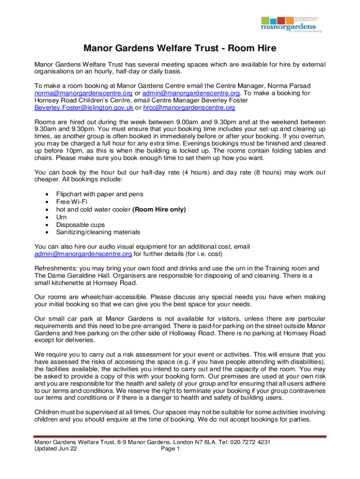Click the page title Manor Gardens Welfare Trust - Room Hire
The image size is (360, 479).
pyautogui.click(x=180, y=48)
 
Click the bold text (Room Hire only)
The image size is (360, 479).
pyautogui.click(x=159, y=210)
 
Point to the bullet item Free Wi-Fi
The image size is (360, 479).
pyautogui.click(x=72, y=202)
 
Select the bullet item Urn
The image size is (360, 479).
pyautogui.click(x=62, y=217)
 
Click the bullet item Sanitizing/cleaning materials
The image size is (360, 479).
pyautogui.click(x=98, y=232)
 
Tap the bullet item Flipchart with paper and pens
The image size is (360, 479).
pyautogui.click(x=100, y=194)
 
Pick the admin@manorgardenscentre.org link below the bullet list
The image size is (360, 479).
pyautogui.click(x=83, y=254)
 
